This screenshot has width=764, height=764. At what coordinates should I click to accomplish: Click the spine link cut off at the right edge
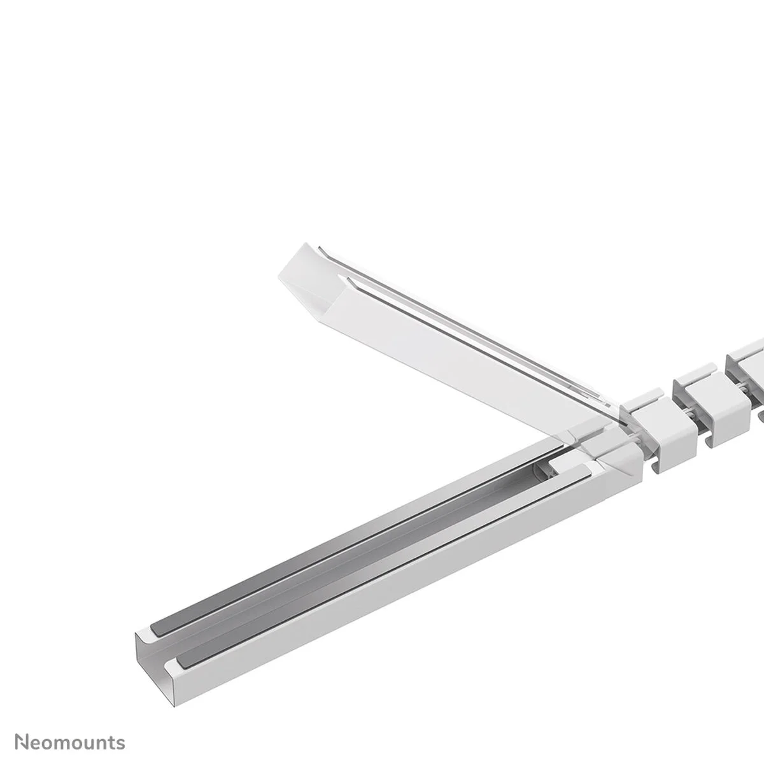coord(748,369)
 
